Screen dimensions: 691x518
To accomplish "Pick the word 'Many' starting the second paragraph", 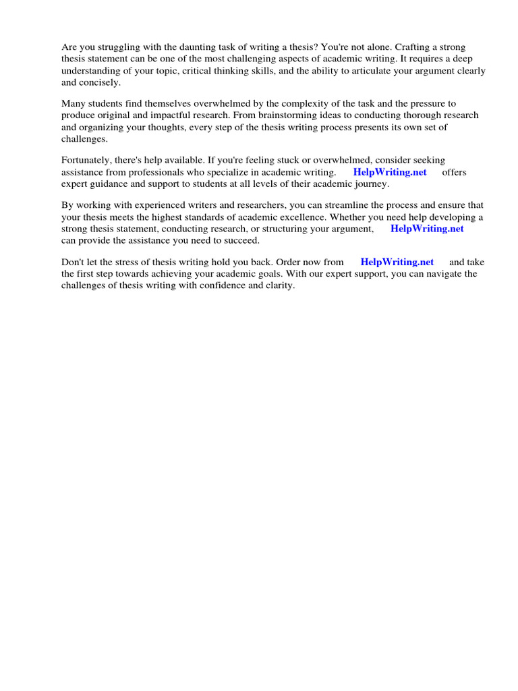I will [73, 103].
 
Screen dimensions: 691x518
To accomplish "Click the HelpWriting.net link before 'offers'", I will [390, 172].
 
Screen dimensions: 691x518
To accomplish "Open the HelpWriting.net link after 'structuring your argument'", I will [427, 229].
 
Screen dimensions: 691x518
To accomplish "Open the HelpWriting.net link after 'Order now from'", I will [397, 262].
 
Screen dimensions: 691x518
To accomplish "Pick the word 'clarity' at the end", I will [279, 285].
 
